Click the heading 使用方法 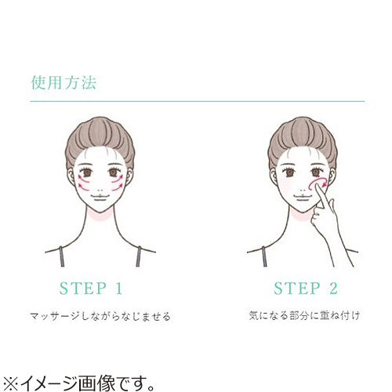[64, 82]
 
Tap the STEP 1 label [91, 289]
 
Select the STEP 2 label [306, 289]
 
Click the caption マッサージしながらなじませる [100, 316]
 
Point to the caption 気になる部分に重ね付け [304, 315]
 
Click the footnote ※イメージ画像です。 [78, 383]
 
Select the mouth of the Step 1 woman [100, 197]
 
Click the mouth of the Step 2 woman [302, 197]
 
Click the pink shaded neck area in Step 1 [100, 216]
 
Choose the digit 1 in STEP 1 [118, 289]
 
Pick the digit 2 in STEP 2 [333, 289]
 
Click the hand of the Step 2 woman [324, 212]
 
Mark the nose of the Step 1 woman [100, 189]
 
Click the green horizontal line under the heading [198, 101]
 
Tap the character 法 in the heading [89, 82]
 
